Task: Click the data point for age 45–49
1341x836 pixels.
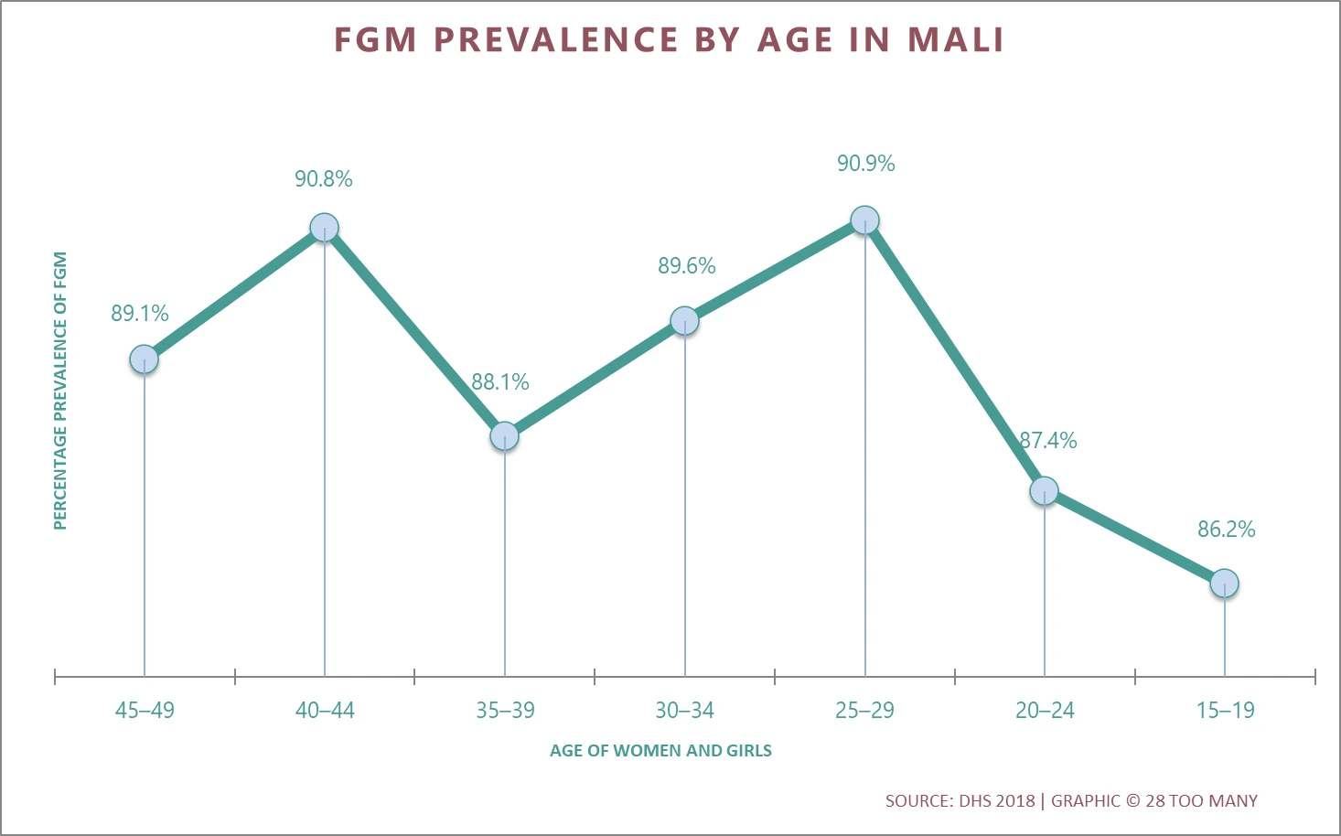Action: (x=144, y=359)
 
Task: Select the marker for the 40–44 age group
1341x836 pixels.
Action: (x=324, y=227)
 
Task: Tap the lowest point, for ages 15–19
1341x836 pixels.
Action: (x=1224, y=583)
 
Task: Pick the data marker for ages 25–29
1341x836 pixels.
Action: (x=864, y=220)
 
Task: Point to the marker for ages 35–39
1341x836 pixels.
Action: (x=504, y=436)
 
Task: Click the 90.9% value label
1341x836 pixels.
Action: (x=865, y=164)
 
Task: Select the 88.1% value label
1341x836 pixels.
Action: (x=500, y=382)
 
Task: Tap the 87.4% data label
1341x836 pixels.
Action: (x=1048, y=441)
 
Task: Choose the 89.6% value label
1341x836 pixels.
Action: (x=686, y=266)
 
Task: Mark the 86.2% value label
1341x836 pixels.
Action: (x=1226, y=530)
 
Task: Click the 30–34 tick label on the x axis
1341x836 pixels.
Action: (x=684, y=711)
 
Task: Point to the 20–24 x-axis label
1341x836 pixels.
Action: (x=1045, y=711)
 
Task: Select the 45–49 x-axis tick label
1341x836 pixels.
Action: (x=145, y=711)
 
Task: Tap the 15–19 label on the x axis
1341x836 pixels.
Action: (x=1225, y=711)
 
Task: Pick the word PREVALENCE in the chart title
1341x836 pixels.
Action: (x=555, y=40)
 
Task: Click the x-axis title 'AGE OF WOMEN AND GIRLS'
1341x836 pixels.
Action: (x=660, y=751)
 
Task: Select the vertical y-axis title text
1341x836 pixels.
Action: (x=60, y=391)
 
